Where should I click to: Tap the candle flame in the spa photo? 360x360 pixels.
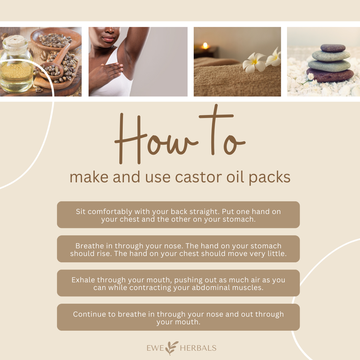[205, 45]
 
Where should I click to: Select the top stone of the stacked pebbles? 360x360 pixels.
[333, 48]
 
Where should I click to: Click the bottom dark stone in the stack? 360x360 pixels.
[330, 75]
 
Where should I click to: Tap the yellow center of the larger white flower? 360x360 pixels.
[254, 62]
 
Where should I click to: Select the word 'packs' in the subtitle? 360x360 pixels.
[270, 178]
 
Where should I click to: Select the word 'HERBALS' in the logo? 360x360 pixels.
[198, 348]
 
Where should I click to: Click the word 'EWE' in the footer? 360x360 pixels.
[155, 348]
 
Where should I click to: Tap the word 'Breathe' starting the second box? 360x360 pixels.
[90, 246]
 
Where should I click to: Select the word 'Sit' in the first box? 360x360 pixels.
[81, 211]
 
